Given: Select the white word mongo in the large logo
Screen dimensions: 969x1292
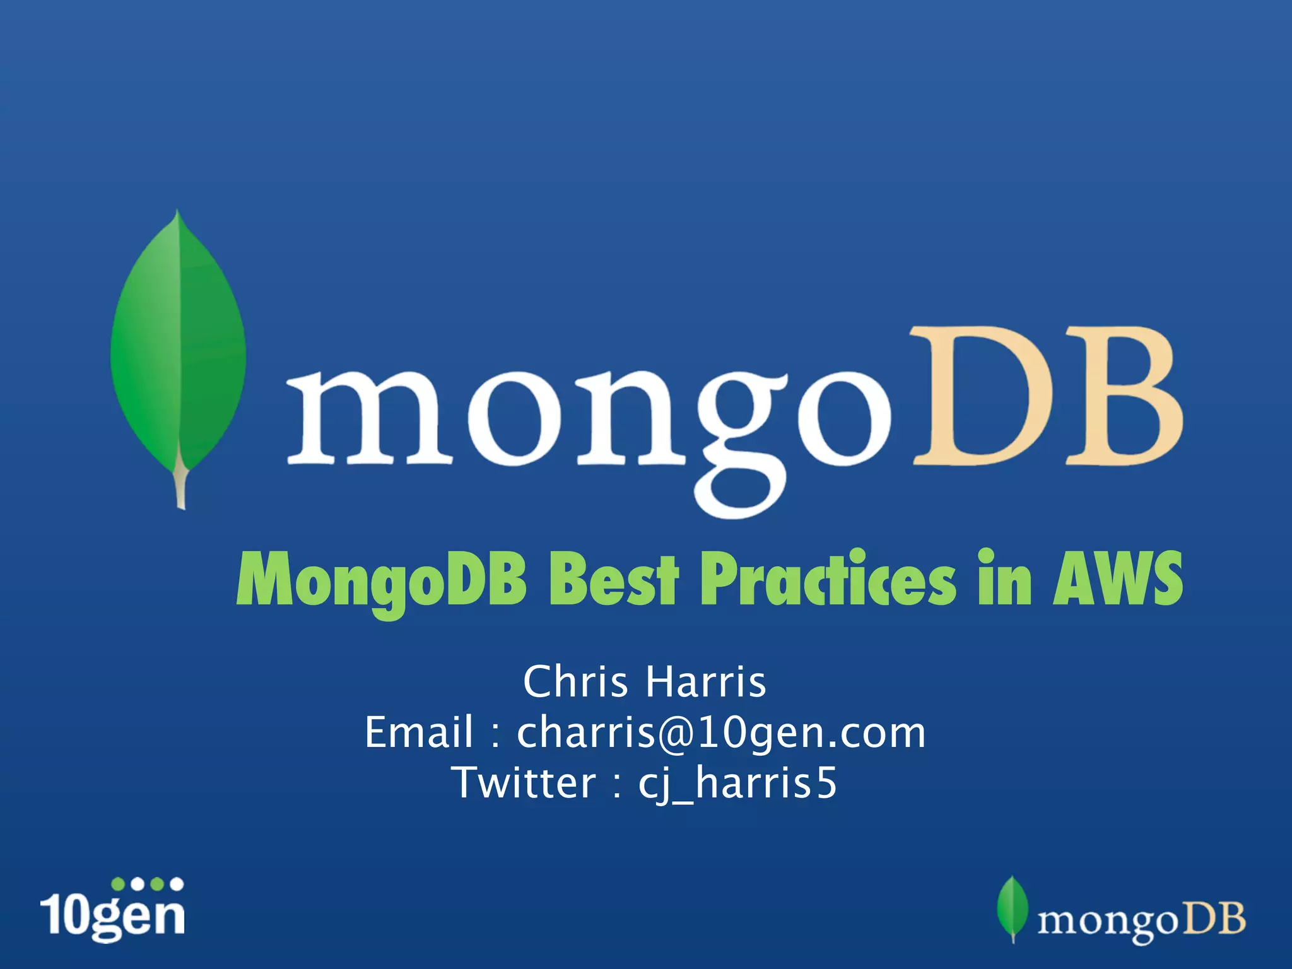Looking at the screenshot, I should pyautogui.click(x=587, y=423).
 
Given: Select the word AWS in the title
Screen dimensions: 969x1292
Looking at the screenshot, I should pyautogui.click(x=1117, y=579).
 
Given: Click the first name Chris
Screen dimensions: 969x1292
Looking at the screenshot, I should pyautogui.click(x=575, y=683).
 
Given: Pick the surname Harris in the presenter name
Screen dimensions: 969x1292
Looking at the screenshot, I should pyautogui.click(x=706, y=683).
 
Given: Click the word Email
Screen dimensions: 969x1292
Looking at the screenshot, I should pyautogui.click(x=419, y=733).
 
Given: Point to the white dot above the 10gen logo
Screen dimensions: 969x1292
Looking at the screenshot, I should pyautogui.click(x=177, y=884).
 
